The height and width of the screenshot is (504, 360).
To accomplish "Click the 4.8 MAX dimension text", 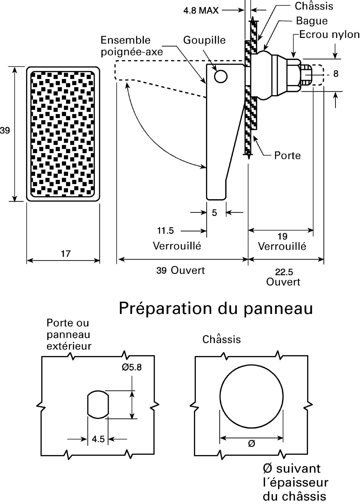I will coord(201,11).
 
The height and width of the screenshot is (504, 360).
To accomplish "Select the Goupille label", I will coord(204,40).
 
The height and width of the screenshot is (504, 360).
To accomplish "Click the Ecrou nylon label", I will coord(329,34).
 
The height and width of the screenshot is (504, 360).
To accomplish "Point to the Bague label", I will coord(311,21).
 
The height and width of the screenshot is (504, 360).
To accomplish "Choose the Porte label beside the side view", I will coord(287,155).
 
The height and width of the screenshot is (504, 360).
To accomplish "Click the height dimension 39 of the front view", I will coord(5,131).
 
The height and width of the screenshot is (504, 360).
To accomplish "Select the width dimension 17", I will coord(65,254).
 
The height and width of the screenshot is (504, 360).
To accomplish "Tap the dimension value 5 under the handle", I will coord(214,212).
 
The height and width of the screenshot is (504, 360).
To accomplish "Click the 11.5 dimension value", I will coord(165,231).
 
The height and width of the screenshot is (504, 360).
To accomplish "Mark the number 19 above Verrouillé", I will coord(282,236).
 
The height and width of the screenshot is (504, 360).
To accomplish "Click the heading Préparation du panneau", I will coord(216,308).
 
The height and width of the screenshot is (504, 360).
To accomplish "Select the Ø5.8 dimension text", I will coord(131,367).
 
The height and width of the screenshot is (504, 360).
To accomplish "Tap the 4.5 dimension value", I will coord(98,439).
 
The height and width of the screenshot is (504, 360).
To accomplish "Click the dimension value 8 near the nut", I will coord(336,74).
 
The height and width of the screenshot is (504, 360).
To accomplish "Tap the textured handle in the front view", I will coord(63,134).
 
